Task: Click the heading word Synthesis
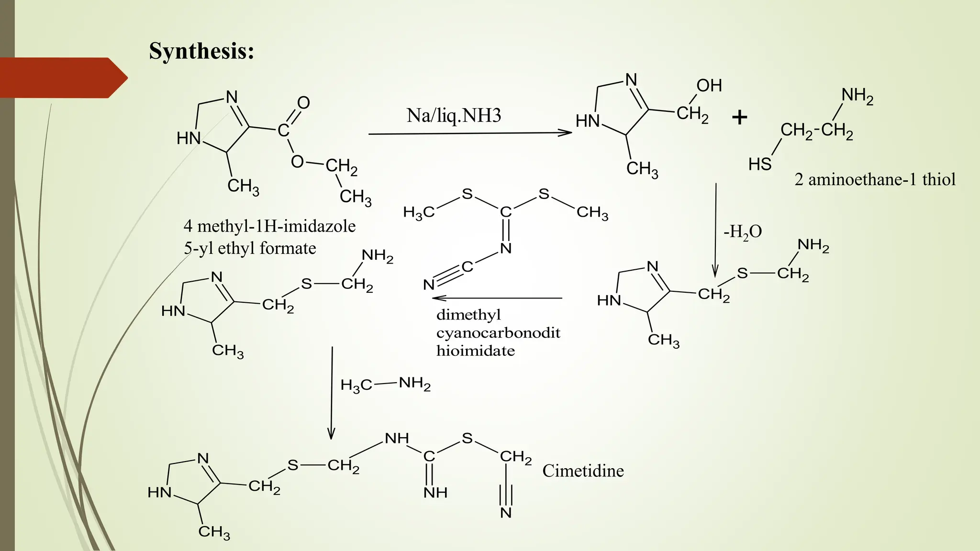coord(201,51)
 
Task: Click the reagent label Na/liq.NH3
coord(454,115)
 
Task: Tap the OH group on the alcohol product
coord(709,86)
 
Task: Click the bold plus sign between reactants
coord(739,117)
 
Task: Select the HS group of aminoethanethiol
coord(759,165)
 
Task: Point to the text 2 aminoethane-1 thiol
coord(875,179)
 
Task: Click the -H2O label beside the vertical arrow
coord(742,232)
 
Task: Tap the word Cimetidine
coord(583,471)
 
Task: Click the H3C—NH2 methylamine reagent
coord(385,384)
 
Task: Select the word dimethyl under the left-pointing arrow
coord(468,315)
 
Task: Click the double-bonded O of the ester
coord(303,102)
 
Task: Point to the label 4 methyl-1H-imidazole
coord(269,226)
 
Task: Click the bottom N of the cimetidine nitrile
coord(506,513)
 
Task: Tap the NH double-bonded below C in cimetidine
coord(435,493)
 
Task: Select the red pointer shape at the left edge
coord(62,77)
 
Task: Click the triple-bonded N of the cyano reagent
coord(429,285)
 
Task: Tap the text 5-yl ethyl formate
coord(250,248)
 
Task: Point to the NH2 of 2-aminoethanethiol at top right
coord(857,96)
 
